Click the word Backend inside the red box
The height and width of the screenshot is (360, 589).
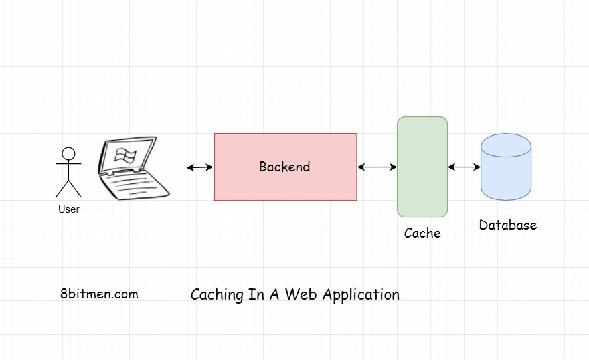click(284, 167)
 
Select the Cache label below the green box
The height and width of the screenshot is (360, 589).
click(422, 233)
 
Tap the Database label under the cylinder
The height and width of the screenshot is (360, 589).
click(507, 225)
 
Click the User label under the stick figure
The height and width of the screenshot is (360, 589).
click(68, 209)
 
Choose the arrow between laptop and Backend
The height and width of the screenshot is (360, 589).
click(199, 167)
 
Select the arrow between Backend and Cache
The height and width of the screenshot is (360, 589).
click(377, 167)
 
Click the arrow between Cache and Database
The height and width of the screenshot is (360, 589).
click(464, 167)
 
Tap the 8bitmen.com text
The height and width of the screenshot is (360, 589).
click(99, 294)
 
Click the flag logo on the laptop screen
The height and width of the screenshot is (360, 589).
click(124, 156)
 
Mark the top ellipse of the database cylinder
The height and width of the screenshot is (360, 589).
click(505, 145)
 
